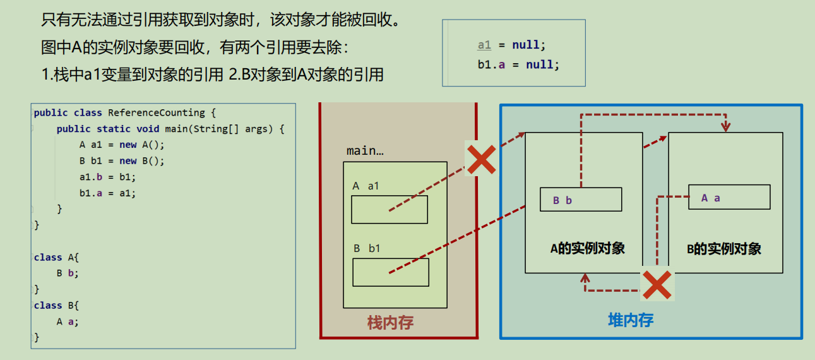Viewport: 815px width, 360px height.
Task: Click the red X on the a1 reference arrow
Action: (481, 159)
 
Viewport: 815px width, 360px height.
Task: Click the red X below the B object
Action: (657, 285)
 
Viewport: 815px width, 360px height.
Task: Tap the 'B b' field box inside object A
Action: (581, 200)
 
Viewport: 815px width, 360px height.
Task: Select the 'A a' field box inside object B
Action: (730, 197)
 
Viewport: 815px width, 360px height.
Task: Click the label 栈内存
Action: (390, 323)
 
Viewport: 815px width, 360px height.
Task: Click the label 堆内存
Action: (631, 320)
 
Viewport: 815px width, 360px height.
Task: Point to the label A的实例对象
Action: (588, 248)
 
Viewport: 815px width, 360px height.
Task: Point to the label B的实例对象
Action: (724, 249)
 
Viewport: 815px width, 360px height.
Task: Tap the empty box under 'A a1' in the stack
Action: (390, 210)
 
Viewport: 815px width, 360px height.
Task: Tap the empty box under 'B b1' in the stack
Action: (391, 272)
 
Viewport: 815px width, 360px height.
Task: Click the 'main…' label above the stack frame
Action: (365, 150)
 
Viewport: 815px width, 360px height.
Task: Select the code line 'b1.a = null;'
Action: (518, 65)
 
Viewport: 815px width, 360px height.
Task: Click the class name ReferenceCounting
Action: (157, 113)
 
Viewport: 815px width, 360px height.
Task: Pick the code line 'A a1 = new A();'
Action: (122, 145)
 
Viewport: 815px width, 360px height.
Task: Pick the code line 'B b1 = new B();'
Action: (122, 161)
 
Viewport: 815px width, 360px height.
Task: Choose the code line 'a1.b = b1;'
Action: (108, 177)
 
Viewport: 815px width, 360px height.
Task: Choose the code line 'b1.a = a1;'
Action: (108, 193)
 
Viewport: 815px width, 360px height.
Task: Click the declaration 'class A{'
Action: (56, 257)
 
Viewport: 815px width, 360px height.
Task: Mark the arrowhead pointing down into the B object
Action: (726, 127)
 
